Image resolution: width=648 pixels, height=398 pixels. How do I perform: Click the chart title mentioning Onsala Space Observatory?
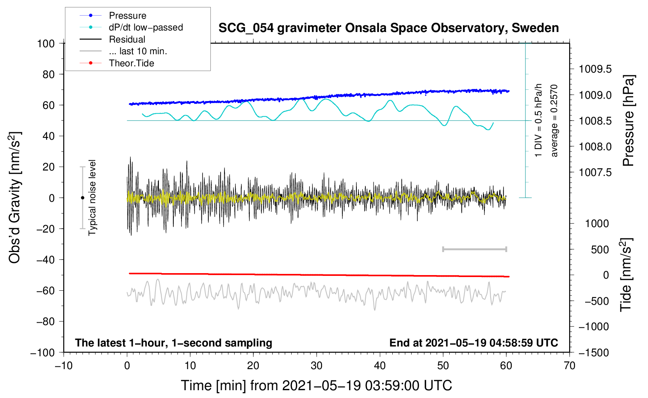(x=388, y=28)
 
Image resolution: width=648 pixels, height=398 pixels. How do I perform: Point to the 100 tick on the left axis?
(x=46, y=43)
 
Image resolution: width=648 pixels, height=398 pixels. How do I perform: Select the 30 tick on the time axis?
(x=317, y=366)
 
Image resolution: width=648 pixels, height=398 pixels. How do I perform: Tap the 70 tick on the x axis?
(x=570, y=366)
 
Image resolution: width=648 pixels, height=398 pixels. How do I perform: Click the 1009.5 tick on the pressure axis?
(x=595, y=69)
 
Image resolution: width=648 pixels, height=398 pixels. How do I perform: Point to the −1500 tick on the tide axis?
(x=593, y=352)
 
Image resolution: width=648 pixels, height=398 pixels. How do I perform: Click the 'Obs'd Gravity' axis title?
(x=15, y=197)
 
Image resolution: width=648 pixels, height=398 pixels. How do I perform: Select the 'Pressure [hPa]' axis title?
(x=628, y=121)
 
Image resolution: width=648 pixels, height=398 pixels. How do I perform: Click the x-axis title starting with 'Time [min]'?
(x=316, y=386)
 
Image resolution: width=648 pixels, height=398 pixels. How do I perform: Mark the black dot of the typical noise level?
(x=82, y=198)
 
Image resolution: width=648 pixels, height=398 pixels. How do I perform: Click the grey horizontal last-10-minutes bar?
(x=474, y=249)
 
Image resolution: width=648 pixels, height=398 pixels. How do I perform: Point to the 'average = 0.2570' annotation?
(x=554, y=121)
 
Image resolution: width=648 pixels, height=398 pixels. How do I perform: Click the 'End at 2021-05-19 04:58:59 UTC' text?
(x=474, y=343)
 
